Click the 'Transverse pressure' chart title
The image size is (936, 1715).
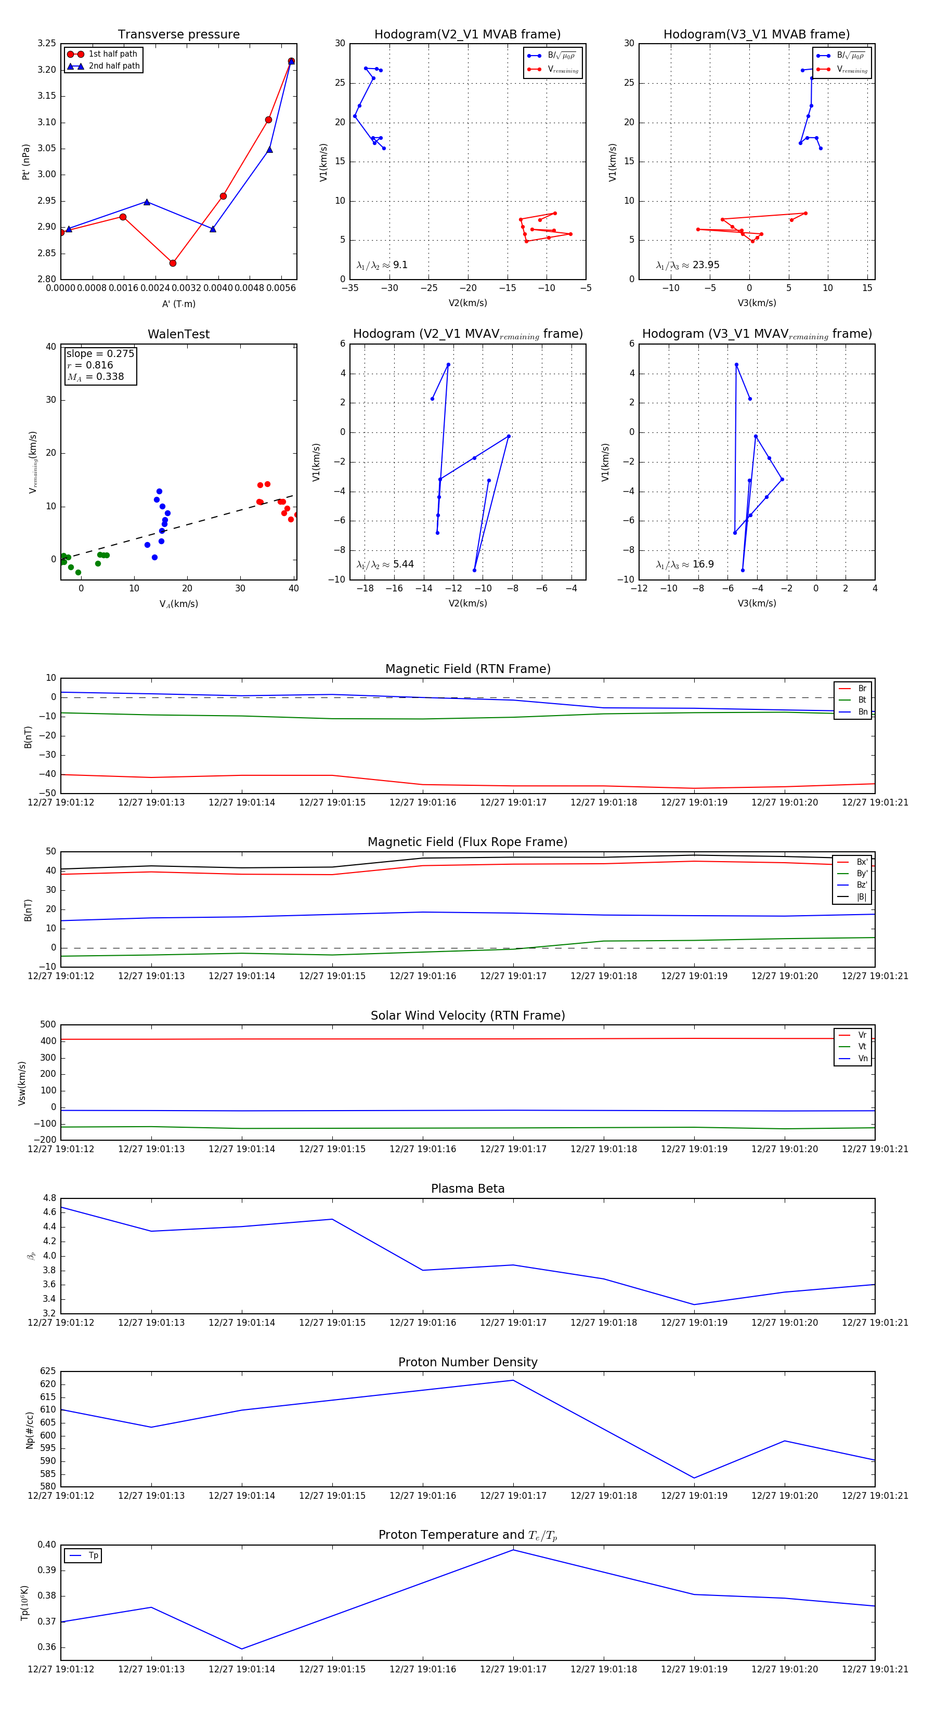tap(178, 35)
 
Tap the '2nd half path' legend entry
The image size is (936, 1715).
tap(114, 66)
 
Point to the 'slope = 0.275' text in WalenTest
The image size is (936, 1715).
tap(100, 353)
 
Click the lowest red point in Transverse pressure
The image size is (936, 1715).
tap(173, 263)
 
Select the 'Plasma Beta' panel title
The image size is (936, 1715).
tap(467, 1189)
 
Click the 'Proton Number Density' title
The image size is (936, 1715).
tap(467, 1362)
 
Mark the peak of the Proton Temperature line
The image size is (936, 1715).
tap(513, 1550)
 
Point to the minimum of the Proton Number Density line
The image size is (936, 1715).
tap(694, 1478)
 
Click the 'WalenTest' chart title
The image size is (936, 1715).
tap(178, 334)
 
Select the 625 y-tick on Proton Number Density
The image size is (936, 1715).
tap(48, 1371)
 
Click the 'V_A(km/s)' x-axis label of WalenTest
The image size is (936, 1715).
tap(178, 604)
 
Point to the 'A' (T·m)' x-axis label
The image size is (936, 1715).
tap(178, 304)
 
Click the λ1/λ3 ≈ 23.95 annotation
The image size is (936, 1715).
tap(687, 265)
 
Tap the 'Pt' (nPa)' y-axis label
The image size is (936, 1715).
tap(26, 162)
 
